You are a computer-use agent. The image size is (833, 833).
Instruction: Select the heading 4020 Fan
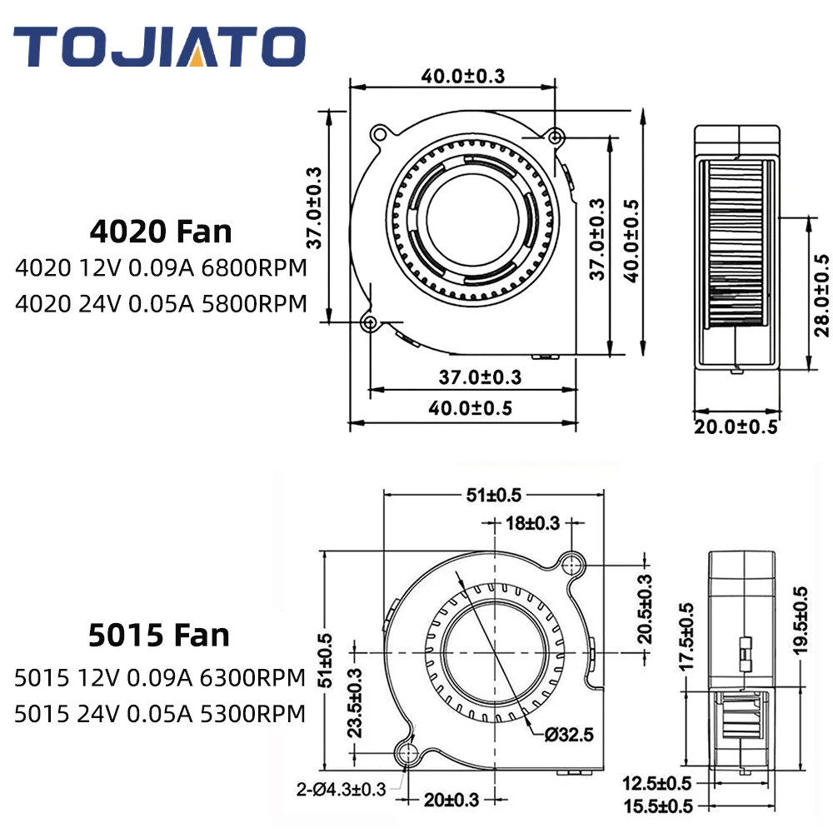click(x=161, y=232)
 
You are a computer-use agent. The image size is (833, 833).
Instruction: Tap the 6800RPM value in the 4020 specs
click(x=254, y=267)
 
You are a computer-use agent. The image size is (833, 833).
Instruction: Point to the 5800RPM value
click(x=254, y=304)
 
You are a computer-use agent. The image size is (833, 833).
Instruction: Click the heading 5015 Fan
click(x=159, y=635)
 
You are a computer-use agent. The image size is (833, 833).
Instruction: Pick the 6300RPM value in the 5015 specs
click(x=253, y=678)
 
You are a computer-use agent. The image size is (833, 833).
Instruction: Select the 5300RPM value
click(x=253, y=714)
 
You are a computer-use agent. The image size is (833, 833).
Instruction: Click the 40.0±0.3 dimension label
click(x=462, y=76)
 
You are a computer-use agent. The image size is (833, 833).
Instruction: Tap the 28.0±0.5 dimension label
click(x=821, y=296)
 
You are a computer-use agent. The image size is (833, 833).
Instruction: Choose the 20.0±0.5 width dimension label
click(x=736, y=426)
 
